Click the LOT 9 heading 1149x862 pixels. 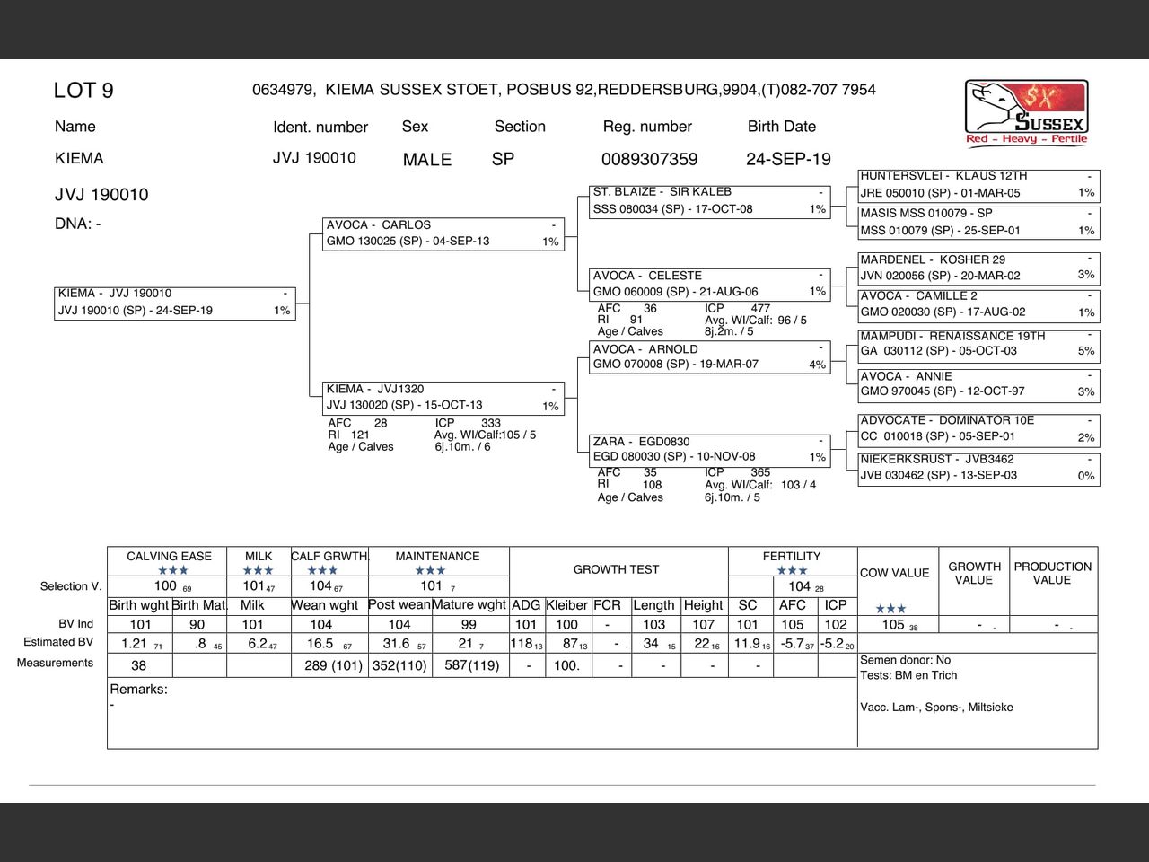click(x=83, y=90)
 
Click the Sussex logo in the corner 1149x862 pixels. click(x=1026, y=112)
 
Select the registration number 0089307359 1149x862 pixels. click(x=649, y=159)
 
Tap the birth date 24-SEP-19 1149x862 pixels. click(x=788, y=159)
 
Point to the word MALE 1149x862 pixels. click(x=426, y=160)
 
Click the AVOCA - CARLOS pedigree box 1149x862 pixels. click(x=443, y=233)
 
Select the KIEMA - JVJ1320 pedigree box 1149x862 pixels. click(x=443, y=398)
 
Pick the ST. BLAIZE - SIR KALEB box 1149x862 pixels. click(x=709, y=201)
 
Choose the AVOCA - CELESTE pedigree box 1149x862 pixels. click(x=709, y=284)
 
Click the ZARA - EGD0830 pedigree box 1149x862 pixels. click(x=709, y=450)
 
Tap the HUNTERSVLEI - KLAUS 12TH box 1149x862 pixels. click(x=978, y=185)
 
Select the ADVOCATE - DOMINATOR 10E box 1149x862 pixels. click(x=978, y=429)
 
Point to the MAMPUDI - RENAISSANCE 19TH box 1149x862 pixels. click(x=978, y=345)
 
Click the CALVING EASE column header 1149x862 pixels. click(x=169, y=557)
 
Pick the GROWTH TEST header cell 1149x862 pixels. click(x=617, y=569)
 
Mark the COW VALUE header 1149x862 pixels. click(x=894, y=573)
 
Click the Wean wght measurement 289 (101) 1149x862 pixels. click(x=333, y=665)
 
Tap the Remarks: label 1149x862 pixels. click(x=138, y=690)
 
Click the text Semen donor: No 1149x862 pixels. click(x=905, y=660)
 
